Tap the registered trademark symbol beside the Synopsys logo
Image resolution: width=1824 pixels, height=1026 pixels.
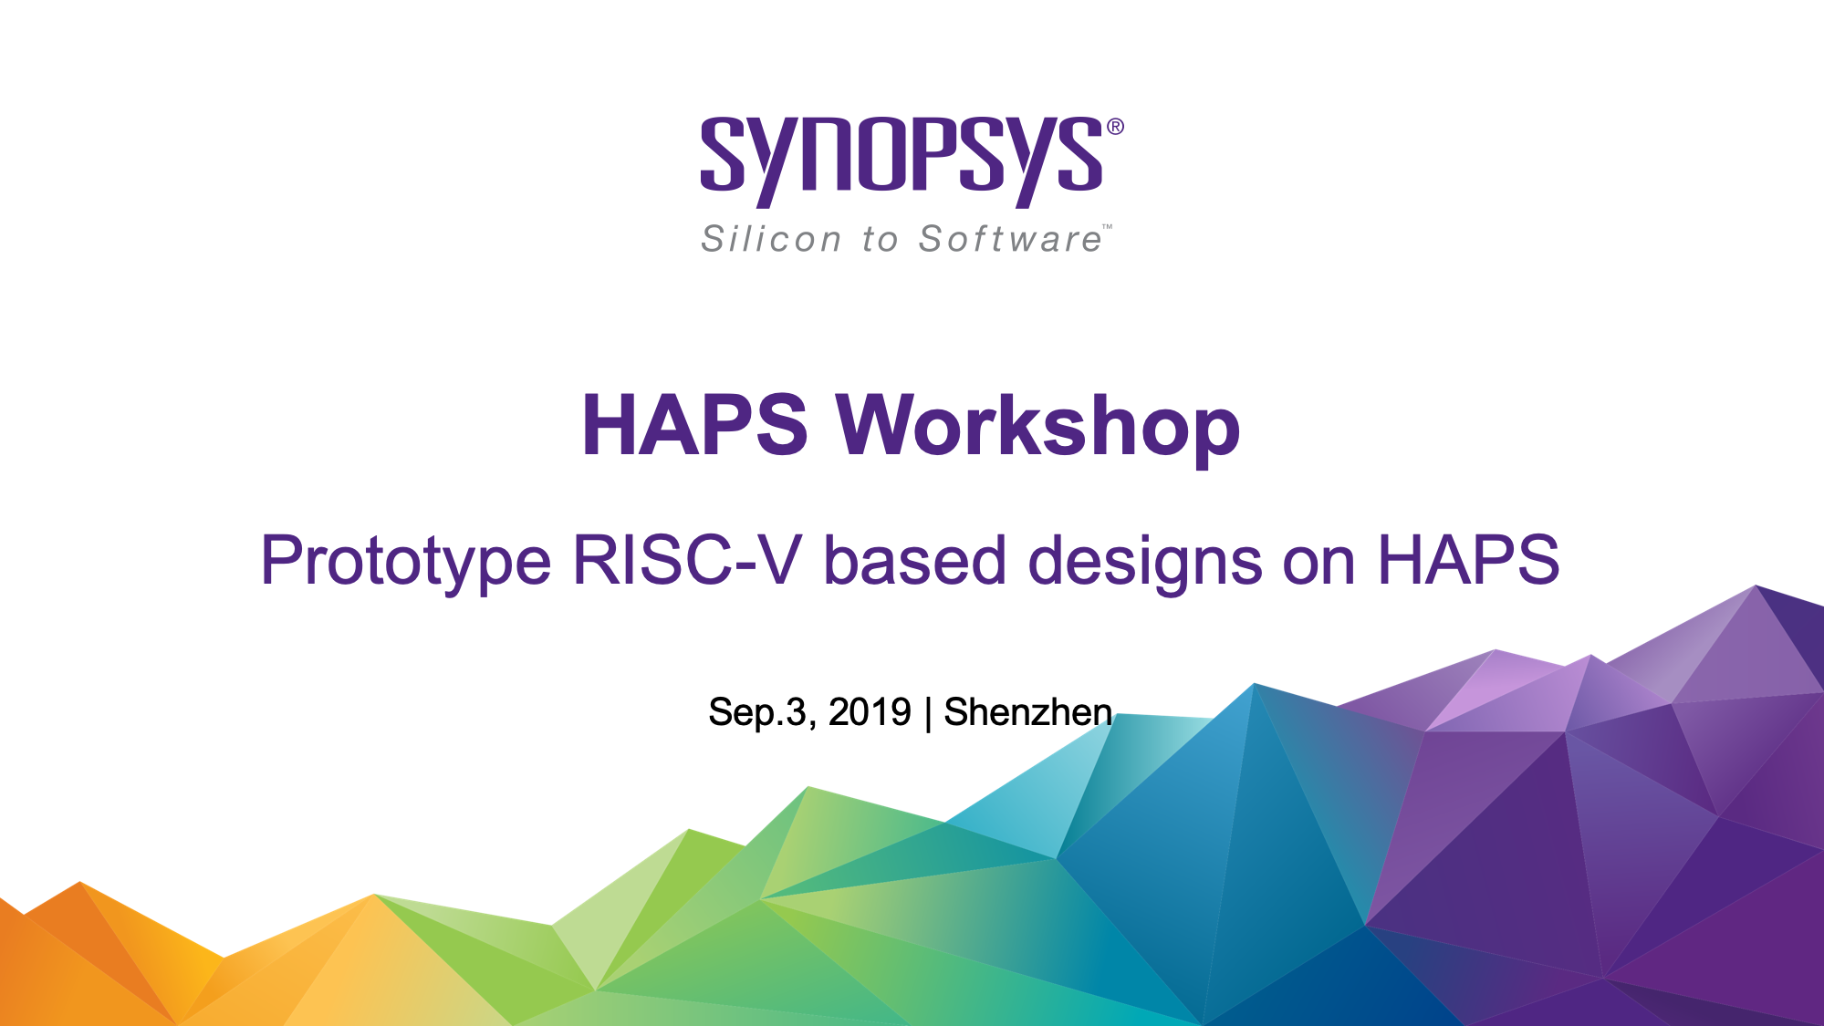(x=1115, y=127)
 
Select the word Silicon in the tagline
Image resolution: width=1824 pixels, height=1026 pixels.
(x=771, y=239)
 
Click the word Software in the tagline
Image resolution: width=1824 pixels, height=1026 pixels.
(x=1010, y=239)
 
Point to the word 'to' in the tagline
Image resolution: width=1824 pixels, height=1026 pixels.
(x=880, y=240)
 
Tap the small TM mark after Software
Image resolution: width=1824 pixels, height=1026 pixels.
(x=1107, y=226)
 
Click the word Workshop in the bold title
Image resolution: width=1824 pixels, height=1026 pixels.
(x=1038, y=425)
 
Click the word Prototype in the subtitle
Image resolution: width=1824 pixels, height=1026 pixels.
(x=406, y=561)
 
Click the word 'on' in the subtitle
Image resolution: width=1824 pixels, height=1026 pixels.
(x=1319, y=565)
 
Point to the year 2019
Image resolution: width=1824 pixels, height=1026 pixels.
(x=870, y=712)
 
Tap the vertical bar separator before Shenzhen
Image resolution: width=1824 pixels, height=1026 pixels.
(x=928, y=713)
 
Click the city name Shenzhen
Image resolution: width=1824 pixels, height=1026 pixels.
(x=1027, y=711)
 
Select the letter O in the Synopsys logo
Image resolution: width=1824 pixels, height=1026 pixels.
(x=879, y=154)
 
